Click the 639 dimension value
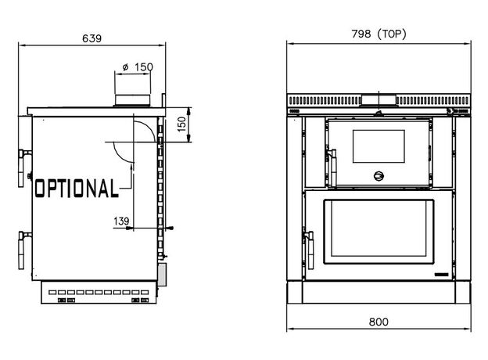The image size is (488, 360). click(91, 38)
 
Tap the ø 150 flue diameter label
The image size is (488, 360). click(138, 67)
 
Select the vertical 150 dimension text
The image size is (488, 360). click(181, 124)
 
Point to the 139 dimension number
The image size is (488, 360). click(121, 221)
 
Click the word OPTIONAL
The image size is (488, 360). click(77, 188)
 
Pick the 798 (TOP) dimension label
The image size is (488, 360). click(379, 34)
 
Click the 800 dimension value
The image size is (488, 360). click(379, 322)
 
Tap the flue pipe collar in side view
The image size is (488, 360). click(133, 100)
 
